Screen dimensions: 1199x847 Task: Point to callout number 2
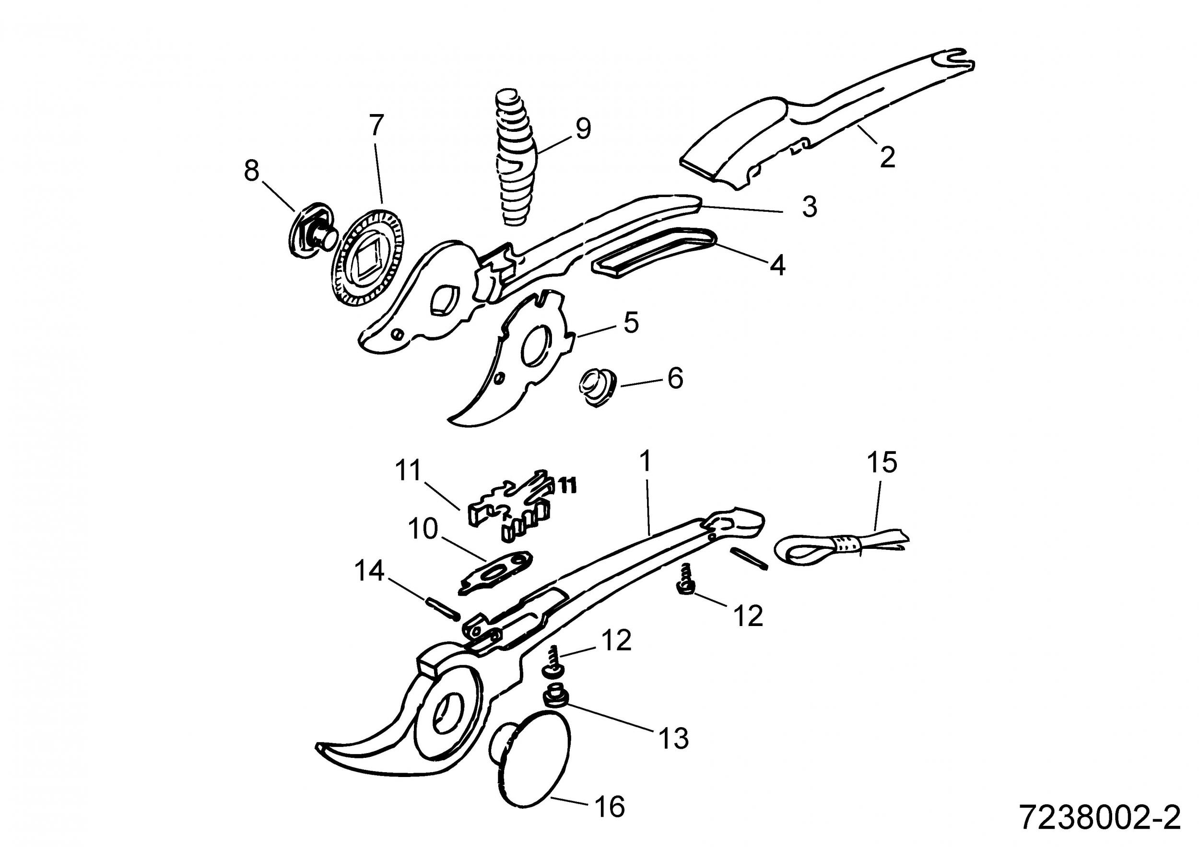pyautogui.click(x=887, y=157)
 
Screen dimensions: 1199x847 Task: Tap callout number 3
pyautogui.click(x=810, y=207)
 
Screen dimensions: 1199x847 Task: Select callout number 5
pyautogui.click(x=631, y=323)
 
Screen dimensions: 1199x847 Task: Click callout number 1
pyautogui.click(x=646, y=461)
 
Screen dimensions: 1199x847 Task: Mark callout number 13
pyautogui.click(x=674, y=739)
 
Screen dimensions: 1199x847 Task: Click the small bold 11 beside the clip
pyautogui.click(x=568, y=486)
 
